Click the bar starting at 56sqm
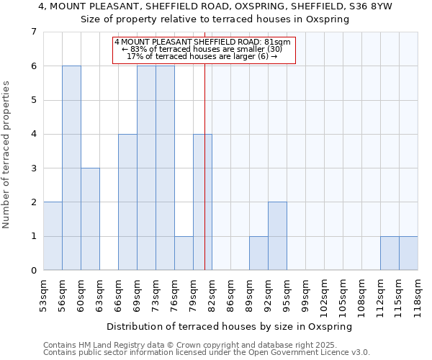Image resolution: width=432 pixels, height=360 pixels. pyautogui.click(x=71, y=168)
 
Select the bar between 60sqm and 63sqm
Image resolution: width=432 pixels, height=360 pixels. pyautogui.click(x=90, y=219)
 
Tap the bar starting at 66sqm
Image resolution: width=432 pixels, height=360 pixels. pyautogui.click(x=127, y=202)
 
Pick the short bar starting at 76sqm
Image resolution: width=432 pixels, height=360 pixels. pyautogui.click(x=184, y=253)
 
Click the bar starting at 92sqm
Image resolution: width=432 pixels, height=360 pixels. pyautogui.click(x=277, y=236)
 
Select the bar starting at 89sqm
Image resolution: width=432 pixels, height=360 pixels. pyautogui.click(x=258, y=253)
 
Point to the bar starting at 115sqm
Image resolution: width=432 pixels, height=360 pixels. pyautogui.click(x=408, y=253)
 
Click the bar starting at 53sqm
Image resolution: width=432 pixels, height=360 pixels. pyautogui.click(x=53, y=236)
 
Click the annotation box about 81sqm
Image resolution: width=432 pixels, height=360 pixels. pyautogui.click(x=202, y=50)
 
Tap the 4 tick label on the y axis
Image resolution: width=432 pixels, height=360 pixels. pyautogui.click(x=33, y=134)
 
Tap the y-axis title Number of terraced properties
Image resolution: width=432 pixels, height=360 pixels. pyautogui.click(x=7, y=154)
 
